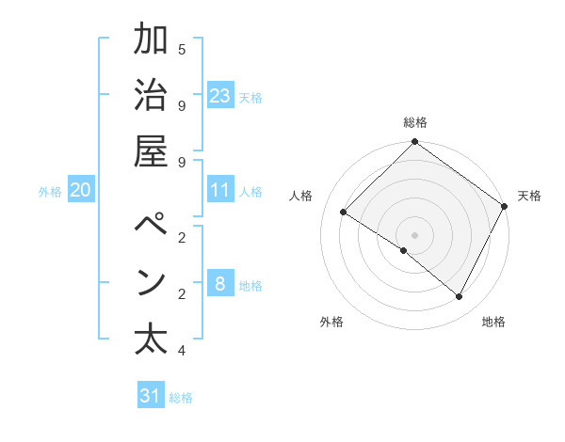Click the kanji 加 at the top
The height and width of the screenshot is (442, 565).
(x=151, y=40)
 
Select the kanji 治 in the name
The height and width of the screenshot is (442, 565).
(x=151, y=95)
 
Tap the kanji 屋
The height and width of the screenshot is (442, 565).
(x=151, y=151)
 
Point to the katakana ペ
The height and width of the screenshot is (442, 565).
(x=151, y=227)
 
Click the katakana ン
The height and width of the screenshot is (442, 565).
(x=151, y=282)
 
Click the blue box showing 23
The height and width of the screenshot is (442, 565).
(x=220, y=95)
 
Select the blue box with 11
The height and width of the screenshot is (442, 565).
(x=220, y=190)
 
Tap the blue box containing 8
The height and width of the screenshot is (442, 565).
(x=220, y=283)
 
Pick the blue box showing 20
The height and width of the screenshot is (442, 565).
(x=81, y=190)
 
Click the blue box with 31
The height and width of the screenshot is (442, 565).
(x=151, y=396)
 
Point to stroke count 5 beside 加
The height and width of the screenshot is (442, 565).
(x=182, y=48)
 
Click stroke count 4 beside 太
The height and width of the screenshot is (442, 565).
(x=182, y=351)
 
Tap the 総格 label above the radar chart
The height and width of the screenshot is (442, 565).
(x=415, y=122)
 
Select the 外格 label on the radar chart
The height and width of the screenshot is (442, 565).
(x=331, y=322)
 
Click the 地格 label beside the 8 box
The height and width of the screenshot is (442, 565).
(x=251, y=285)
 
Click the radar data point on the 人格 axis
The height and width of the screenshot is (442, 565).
(x=344, y=213)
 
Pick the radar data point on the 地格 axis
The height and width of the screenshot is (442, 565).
(x=460, y=297)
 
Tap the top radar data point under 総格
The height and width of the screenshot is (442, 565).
(x=415, y=143)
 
